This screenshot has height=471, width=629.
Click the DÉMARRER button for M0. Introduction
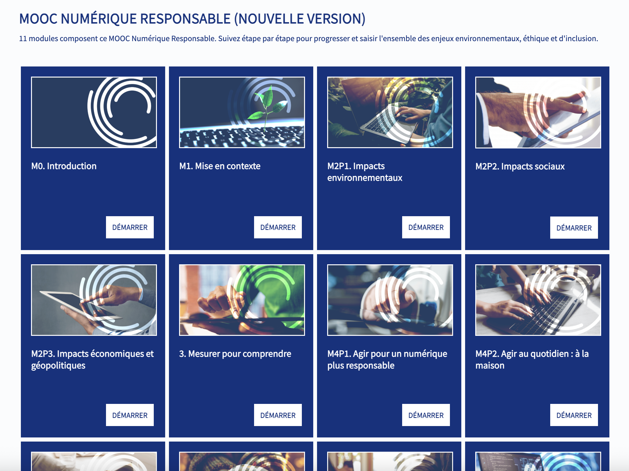point(130,227)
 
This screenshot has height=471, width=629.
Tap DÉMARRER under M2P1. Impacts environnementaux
point(426,227)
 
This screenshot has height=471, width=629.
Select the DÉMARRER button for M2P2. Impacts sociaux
point(574,228)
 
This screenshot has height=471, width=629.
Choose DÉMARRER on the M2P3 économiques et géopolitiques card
point(130,415)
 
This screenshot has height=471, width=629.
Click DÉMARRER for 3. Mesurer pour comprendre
point(278,415)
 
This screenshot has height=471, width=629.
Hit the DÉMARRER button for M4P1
point(426,415)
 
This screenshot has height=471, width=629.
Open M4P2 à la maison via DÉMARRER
point(574,415)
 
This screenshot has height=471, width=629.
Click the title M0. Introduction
point(64,166)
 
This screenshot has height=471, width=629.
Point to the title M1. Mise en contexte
point(220,166)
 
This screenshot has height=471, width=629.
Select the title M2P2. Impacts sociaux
point(520,166)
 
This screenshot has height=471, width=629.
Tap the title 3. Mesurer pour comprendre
point(235,354)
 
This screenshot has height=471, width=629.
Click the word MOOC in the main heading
point(38,19)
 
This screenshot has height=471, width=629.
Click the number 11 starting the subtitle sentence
point(23,39)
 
